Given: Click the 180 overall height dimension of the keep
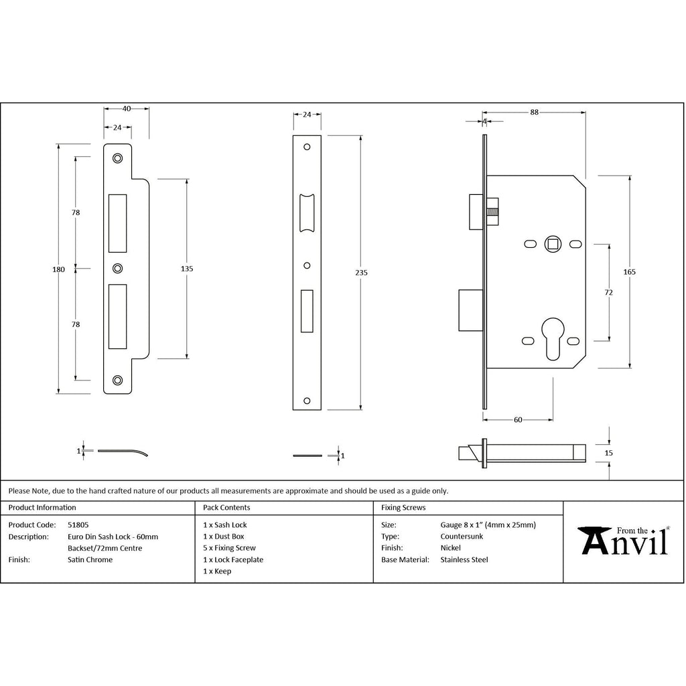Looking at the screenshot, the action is (x=59, y=269).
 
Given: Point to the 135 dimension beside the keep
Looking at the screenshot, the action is (x=187, y=269).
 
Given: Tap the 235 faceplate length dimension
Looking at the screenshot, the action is (x=361, y=273).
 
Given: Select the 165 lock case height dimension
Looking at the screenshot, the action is (x=630, y=272).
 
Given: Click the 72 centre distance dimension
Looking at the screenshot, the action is (x=608, y=292).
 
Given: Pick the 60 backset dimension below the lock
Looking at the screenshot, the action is (x=518, y=419).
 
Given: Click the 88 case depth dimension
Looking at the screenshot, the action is (x=534, y=112).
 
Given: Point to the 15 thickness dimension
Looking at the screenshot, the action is (x=608, y=453).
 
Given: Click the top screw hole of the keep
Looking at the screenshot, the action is (x=117, y=158).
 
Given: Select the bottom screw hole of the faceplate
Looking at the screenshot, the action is (x=307, y=401).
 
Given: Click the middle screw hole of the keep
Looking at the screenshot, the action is (x=117, y=269).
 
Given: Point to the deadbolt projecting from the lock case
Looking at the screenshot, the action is (x=471, y=310).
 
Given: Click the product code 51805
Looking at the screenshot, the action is (x=78, y=525).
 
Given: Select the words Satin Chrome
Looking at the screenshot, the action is (x=90, y=559).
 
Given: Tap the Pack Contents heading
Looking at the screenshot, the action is (x=226, y=508).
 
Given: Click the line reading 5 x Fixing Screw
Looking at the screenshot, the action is (x=229, y=548).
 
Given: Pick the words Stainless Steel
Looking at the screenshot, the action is (x=464, y=559).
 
